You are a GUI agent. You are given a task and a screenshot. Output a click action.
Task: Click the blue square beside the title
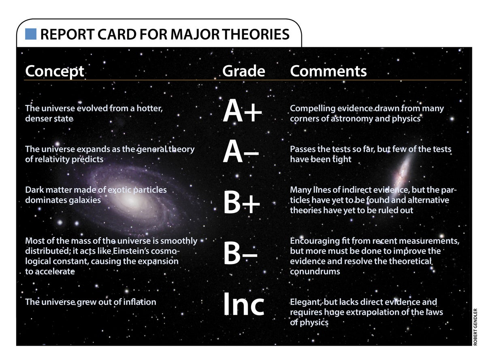coord(31,34)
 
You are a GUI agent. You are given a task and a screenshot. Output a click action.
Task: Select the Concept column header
coord(54,71)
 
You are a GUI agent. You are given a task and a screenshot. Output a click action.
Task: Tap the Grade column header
coord(243,71)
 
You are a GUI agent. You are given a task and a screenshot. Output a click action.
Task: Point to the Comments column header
coord(328,71)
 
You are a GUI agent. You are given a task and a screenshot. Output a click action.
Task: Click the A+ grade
coord(242,112)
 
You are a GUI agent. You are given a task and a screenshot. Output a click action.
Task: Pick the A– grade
coord(241,154)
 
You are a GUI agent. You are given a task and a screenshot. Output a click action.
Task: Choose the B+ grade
coord(241,204)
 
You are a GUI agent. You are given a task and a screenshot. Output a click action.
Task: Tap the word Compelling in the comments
coord(311,109)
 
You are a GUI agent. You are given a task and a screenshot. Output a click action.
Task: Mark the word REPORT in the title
coord(64,34)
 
